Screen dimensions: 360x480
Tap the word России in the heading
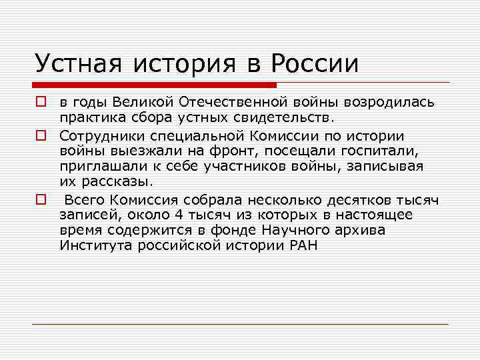point(315,63)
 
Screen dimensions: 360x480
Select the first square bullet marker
point(41,103)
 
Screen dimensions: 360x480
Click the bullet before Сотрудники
point(41,135)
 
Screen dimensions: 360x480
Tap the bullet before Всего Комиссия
point(41,198)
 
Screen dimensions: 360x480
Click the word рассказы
point(118,182)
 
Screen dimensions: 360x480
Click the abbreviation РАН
point(303,245)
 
